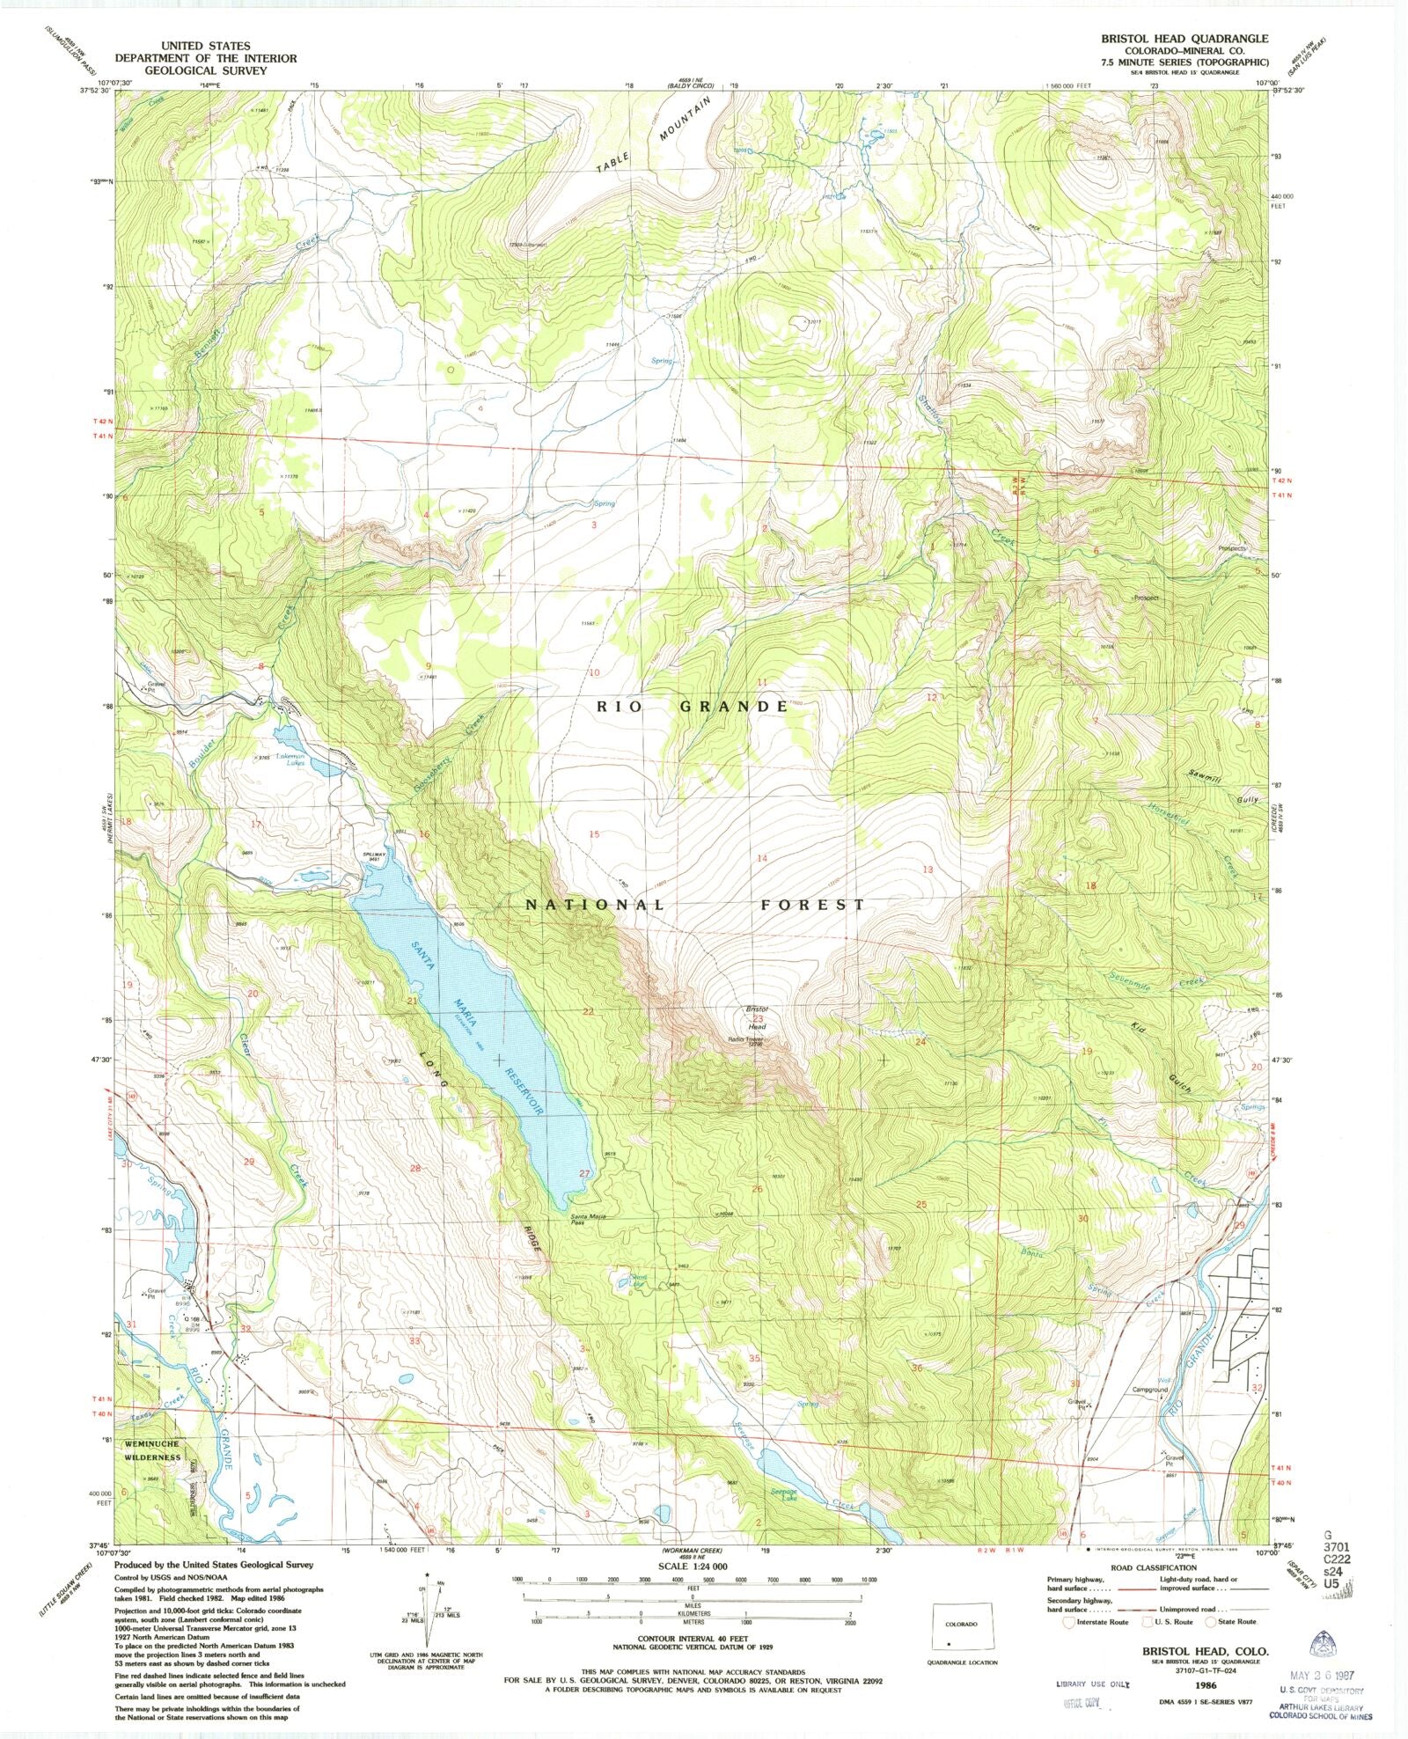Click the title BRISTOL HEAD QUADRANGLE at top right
1184,39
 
